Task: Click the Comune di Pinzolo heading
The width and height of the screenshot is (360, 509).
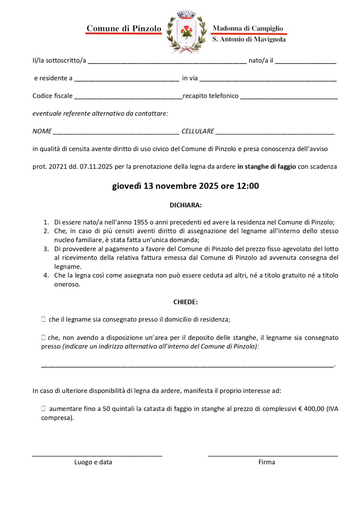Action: pos(124,28)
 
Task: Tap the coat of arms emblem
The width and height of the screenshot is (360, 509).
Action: pos(186,32)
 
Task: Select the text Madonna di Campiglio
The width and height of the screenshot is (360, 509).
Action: pos(248,28)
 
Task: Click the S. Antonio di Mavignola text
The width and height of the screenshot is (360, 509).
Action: pos(249,39)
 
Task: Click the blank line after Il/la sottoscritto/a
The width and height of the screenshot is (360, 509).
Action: pos(167,61)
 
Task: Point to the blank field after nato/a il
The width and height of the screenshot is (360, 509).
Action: pos(305,61)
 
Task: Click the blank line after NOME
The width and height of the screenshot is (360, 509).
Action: pos(116,132)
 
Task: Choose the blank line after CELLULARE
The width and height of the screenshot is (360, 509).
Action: pos(275,132)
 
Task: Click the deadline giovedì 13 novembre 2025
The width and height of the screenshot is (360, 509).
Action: pos(185,186)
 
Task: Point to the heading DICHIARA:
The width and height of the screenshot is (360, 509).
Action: pos(185,205)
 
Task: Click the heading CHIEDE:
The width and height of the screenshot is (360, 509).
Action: pos(185,302)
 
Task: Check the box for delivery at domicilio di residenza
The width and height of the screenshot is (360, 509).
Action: pos(44,319)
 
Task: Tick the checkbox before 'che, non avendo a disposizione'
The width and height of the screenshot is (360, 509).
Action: pos(44,337)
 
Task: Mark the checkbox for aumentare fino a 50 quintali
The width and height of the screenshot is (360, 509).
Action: pos(44,409)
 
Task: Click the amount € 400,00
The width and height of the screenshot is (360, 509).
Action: pos(311,409)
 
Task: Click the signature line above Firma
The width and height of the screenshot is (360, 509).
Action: pos(273,455)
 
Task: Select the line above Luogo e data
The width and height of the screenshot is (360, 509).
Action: pos(97,455)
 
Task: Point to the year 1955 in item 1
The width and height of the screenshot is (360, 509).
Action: pos(141,222)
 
